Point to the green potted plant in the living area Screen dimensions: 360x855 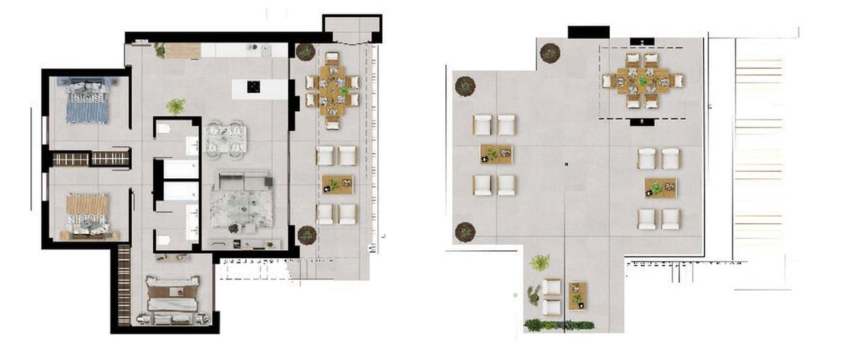[x=175, y=107]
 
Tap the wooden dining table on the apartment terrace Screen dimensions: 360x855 [x=332, y=91]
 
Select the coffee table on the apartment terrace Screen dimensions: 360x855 [x=336, y=185]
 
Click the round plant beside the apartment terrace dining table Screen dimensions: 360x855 [x=305, y=52]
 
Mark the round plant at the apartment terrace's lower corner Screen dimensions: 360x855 [x=306, y=235]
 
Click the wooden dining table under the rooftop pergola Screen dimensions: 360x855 [x=643, y=81]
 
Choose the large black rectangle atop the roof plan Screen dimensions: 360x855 [x=589, y=32]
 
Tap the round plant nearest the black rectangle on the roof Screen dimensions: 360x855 [x=549, y=52]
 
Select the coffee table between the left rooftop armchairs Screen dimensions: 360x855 [x=496, y=154]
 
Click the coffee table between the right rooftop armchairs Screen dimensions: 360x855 [x=660, y=188]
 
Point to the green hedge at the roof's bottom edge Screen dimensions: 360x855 [x=559, y=325]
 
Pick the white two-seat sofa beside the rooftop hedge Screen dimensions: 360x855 [x=551, y=297]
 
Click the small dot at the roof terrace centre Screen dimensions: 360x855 [x=566, y=165]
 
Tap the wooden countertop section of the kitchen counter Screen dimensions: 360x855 [x=182, y=51]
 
